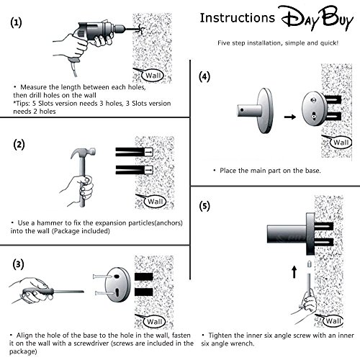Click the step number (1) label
tap(16, 23)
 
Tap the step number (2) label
tap(19, 145)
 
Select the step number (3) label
tap(18, 264)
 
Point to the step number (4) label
tap(204, 77)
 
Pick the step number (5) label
tap(204, 206)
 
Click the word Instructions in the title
tap(238, 18)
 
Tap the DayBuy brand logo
tap(316, 18)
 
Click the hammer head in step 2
tap(83, 153)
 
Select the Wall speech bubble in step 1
tap(153, 76)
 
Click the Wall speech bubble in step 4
tap(341, 143)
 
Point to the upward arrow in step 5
tap(294, 271)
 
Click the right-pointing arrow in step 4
tap(290, 117)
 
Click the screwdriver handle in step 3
tap(37, 292)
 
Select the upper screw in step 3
tap(102, 276)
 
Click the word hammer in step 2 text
tap(50, 223)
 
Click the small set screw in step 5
tap(310, 264)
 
